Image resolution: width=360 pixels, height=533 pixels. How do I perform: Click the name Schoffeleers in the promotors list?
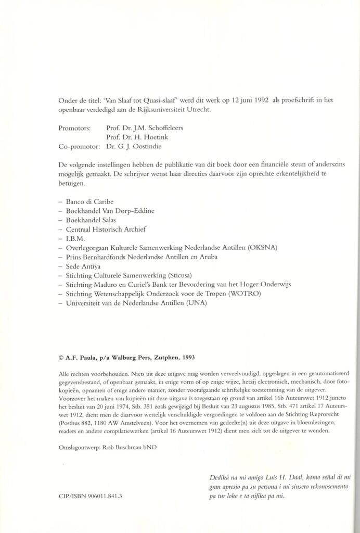coord(165,126)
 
